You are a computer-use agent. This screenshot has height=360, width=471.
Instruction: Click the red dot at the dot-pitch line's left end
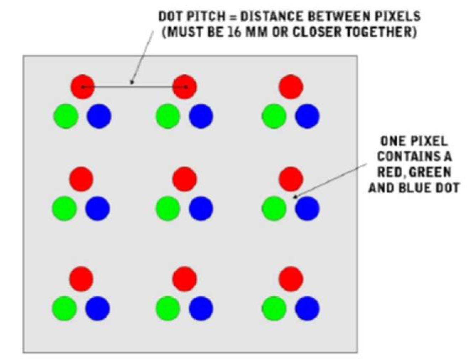point(83,87)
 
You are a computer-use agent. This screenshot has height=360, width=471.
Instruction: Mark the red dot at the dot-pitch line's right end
point(184,87)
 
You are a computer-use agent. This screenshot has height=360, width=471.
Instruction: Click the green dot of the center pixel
point(168,208)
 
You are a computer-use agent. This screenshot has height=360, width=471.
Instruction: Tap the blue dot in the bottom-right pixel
point(307,308)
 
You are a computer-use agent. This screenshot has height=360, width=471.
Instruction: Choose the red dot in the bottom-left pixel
point(81,279)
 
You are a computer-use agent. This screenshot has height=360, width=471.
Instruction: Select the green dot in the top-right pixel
point(274,116)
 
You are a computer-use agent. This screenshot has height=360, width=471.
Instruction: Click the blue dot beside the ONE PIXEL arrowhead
point(307,208)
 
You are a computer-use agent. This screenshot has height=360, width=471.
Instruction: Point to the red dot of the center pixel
point(184,179)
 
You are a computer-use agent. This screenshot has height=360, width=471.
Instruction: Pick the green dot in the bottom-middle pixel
point(168,308)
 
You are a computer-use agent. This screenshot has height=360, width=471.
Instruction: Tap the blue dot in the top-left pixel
point(99,116)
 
